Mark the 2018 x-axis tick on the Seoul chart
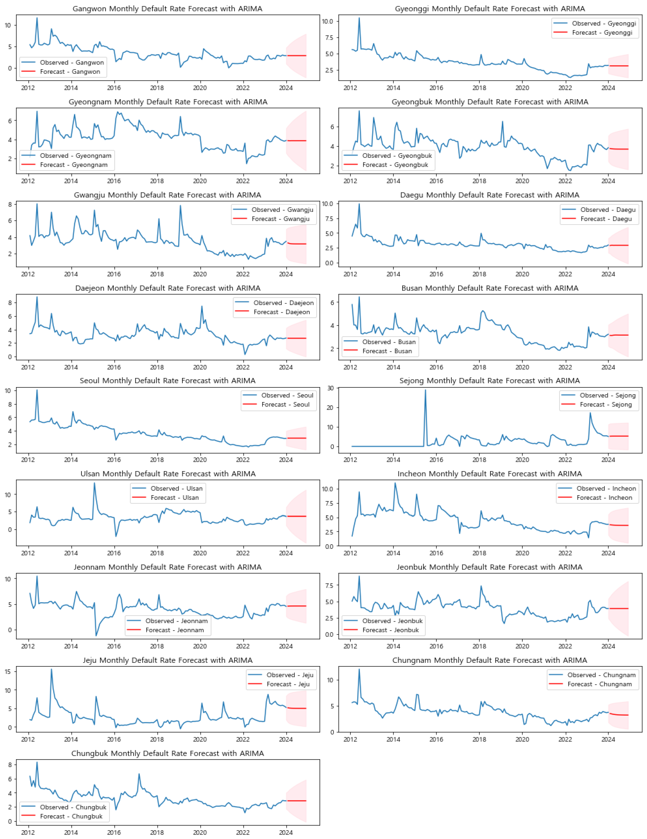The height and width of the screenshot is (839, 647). pyautogui.click(x=157, y=460)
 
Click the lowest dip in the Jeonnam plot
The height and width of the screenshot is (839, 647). pyautogui.click(x=96, y=635)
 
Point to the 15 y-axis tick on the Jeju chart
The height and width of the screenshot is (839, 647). pyautogui.click(x=8, y=672)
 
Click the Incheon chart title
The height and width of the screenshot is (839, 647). pyautogui.click(x=489, y=474)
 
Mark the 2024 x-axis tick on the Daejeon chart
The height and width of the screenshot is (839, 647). pyautogui.click(x=286, y=367)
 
